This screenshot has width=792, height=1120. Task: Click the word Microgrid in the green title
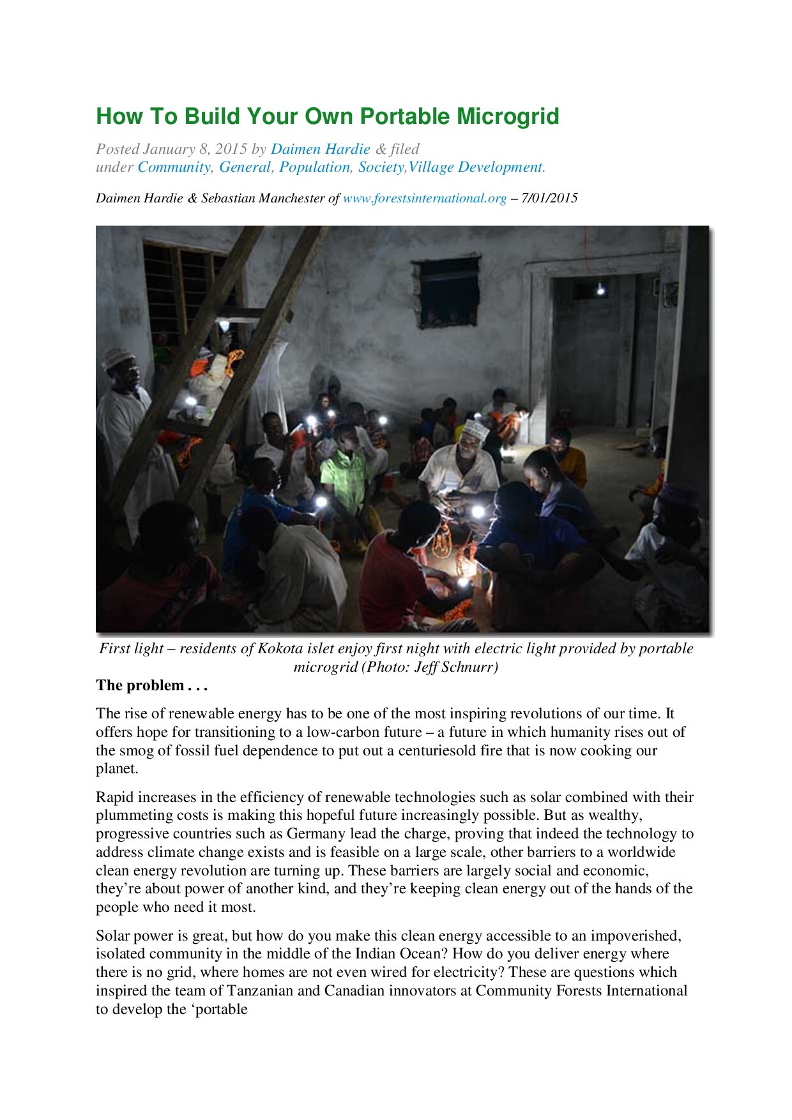pos(508,117)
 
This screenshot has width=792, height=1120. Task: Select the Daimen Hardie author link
pos(320,149)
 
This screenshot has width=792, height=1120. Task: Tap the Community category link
pos(174,167)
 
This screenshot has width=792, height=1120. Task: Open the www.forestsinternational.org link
pos(425,199)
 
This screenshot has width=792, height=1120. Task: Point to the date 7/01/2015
pos(549,199)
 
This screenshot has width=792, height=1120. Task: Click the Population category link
pos(314,167)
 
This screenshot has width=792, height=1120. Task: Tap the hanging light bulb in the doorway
pos(600,289)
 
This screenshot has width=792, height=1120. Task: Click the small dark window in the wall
pos(447,291)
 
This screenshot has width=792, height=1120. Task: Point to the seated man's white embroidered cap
pos(476,429)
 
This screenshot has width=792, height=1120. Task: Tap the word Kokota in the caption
pos(280,649)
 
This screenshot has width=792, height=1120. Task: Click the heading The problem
pos(151,686)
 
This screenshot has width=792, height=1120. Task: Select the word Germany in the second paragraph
pos(316,834)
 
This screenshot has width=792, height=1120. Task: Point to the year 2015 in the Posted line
pos(231,149)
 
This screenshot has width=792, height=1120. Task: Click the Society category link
pos(381,167)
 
